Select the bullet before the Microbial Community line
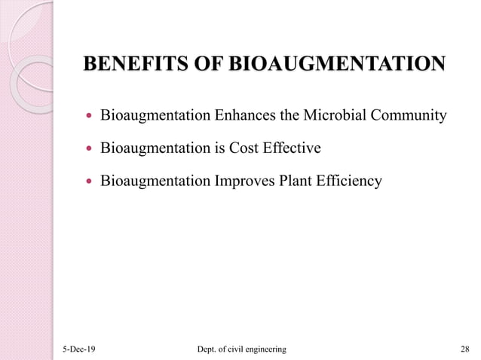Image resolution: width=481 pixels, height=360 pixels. click(x=90, y=117)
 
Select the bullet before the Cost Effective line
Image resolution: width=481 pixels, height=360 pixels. click(x=90, y=149)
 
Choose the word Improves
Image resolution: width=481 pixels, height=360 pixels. click(x=245, y=182)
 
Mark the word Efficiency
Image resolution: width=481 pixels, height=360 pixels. click(x=351, y=182)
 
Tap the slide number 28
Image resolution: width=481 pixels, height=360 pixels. click(x=464, y=349)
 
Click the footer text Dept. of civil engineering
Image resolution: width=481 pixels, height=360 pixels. click(x=240, y=349)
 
